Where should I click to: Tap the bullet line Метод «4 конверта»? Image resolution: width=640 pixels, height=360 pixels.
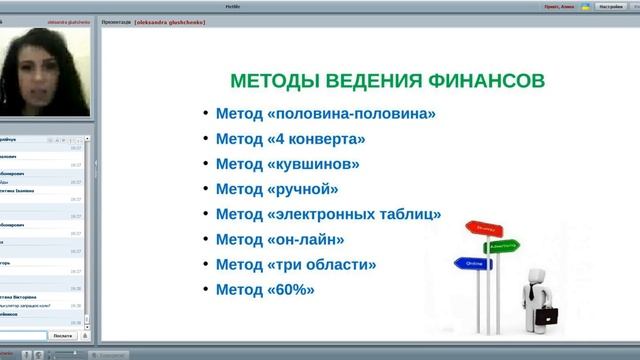click(290, 139)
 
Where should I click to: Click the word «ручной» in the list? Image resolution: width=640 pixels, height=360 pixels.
click(303, 189)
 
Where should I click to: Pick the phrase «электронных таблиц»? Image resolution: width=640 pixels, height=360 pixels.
click(354, 214)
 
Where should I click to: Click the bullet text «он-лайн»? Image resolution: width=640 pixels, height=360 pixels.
click(306, 239)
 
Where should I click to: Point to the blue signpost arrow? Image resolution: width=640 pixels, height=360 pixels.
click(472, 264)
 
